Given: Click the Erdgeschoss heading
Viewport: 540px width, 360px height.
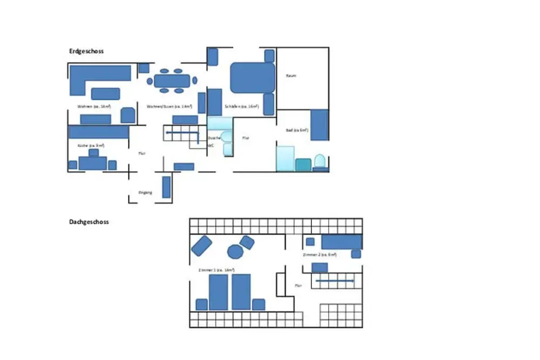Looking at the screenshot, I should [x=86, y=51].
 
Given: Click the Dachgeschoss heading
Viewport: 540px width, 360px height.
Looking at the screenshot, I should [x=89, y=222].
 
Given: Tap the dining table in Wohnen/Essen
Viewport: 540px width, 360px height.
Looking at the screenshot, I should [x=171, y=81].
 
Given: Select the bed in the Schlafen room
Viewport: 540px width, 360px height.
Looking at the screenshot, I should [x=253, y=78].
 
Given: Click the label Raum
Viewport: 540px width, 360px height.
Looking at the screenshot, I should [x=291, y=76].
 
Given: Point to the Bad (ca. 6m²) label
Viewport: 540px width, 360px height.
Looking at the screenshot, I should [x=296, y=130].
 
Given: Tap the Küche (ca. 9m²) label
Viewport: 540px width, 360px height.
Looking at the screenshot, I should [x=91, y=145].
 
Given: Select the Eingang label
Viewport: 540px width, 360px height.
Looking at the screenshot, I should [x=145, y=193].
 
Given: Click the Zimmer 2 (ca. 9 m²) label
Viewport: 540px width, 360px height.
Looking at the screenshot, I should [x=320, y=254].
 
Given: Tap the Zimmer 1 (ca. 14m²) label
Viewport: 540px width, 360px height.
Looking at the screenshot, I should [x=216, y=269].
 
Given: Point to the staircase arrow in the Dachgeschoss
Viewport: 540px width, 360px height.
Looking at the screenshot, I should [x=335, y=281].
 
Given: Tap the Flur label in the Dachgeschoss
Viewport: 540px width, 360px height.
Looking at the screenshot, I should [x=298, y=286].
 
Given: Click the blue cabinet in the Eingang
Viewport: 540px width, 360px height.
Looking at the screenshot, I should [x=166, y=187].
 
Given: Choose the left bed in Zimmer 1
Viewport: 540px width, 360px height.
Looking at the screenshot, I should [x=218, y=292].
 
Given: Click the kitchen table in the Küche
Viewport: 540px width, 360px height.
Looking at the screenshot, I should [x=92, y=162].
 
